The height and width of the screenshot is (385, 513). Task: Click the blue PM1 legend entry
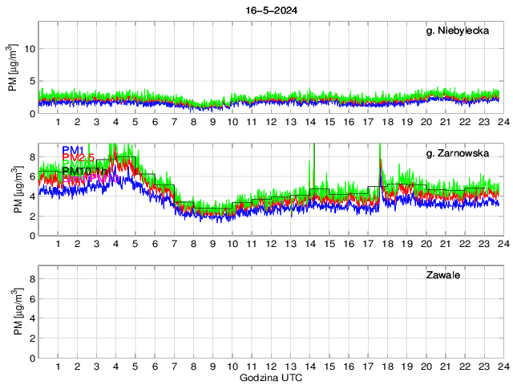click(72, 150)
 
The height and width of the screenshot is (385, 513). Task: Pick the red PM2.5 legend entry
click(78, 158)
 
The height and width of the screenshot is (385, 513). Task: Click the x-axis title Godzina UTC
click(269, 377)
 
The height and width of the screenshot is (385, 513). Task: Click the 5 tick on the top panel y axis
click(31, 81)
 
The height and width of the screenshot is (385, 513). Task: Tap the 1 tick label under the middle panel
click(59, 245)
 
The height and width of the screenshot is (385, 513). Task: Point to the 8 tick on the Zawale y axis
click(31, 279)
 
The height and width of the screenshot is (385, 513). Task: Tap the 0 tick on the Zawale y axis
click(31, 358)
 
